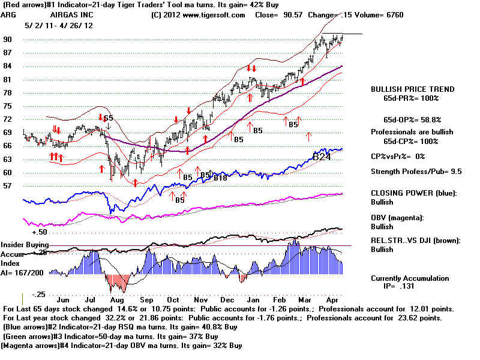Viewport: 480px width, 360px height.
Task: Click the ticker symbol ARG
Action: click(x=9, y=14)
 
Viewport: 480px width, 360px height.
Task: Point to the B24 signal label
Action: click(x=323, y=157)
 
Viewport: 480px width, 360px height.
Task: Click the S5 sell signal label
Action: click(x=107, y=118)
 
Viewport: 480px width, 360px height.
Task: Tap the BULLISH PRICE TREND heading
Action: click(x=412, y=89)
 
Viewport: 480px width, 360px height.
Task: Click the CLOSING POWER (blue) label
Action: click(x=413, y=193)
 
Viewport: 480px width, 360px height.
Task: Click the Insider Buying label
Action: click(x=25, y=245)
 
